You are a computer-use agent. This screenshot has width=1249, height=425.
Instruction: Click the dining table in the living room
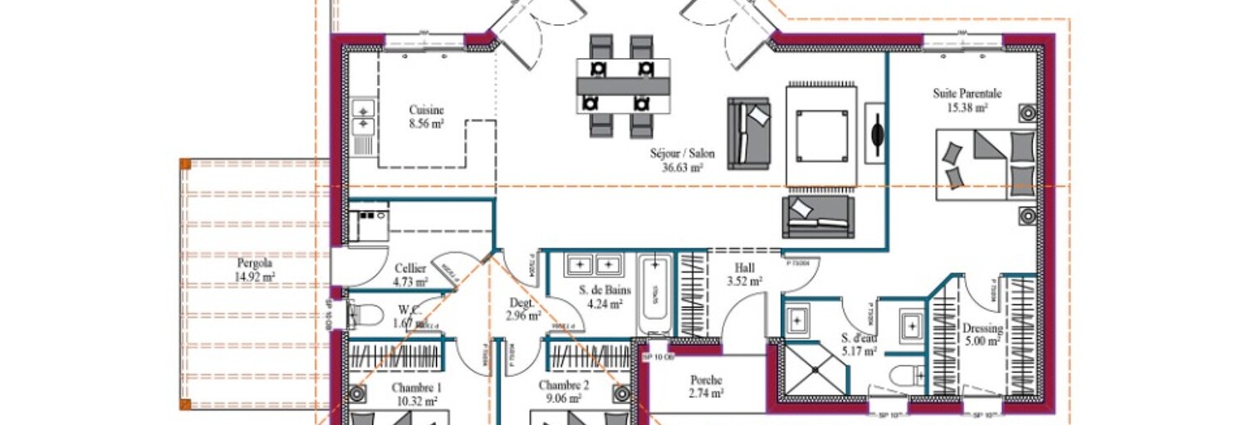tap(623, 85)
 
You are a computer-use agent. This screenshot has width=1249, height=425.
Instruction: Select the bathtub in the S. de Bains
tap(654, 294)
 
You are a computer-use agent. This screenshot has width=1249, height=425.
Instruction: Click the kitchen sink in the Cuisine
tap(364, 117)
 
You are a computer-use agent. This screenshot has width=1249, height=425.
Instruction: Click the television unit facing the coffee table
tap(874, 134)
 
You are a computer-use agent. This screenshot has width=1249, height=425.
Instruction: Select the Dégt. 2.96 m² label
tap(524, 309)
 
